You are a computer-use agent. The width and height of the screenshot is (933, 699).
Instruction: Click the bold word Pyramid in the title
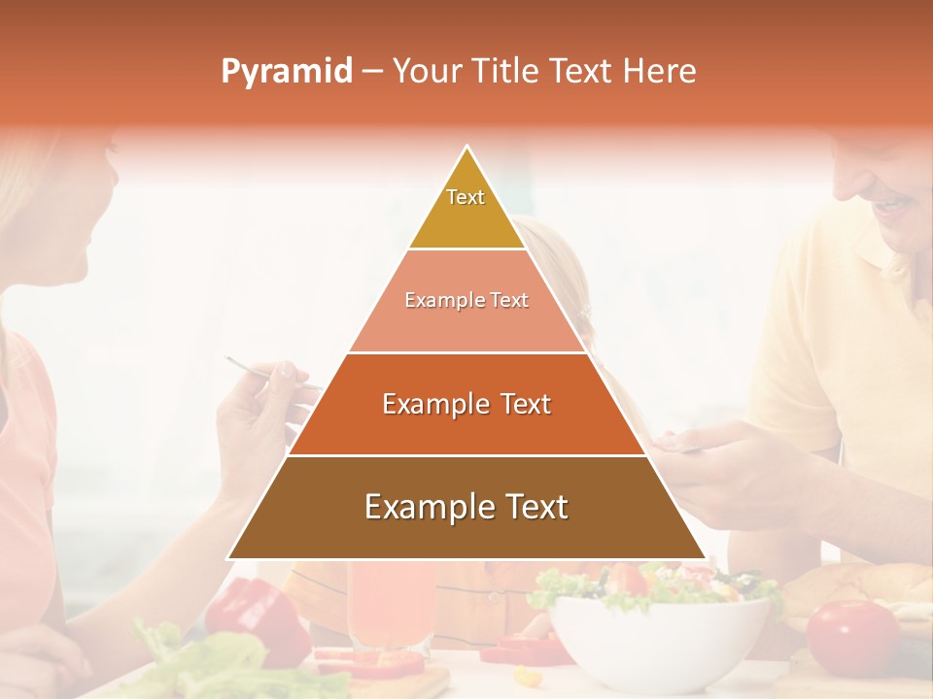click(x=287, y=72)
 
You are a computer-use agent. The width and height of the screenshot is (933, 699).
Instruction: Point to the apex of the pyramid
click(x=467, y=147)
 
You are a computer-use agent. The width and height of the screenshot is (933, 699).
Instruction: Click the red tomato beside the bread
click(x=852, y=636)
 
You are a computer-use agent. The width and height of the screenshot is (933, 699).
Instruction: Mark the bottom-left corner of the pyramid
click(x=228, y=558)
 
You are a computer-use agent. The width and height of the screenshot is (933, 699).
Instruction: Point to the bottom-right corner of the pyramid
click(x=706, y=558)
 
